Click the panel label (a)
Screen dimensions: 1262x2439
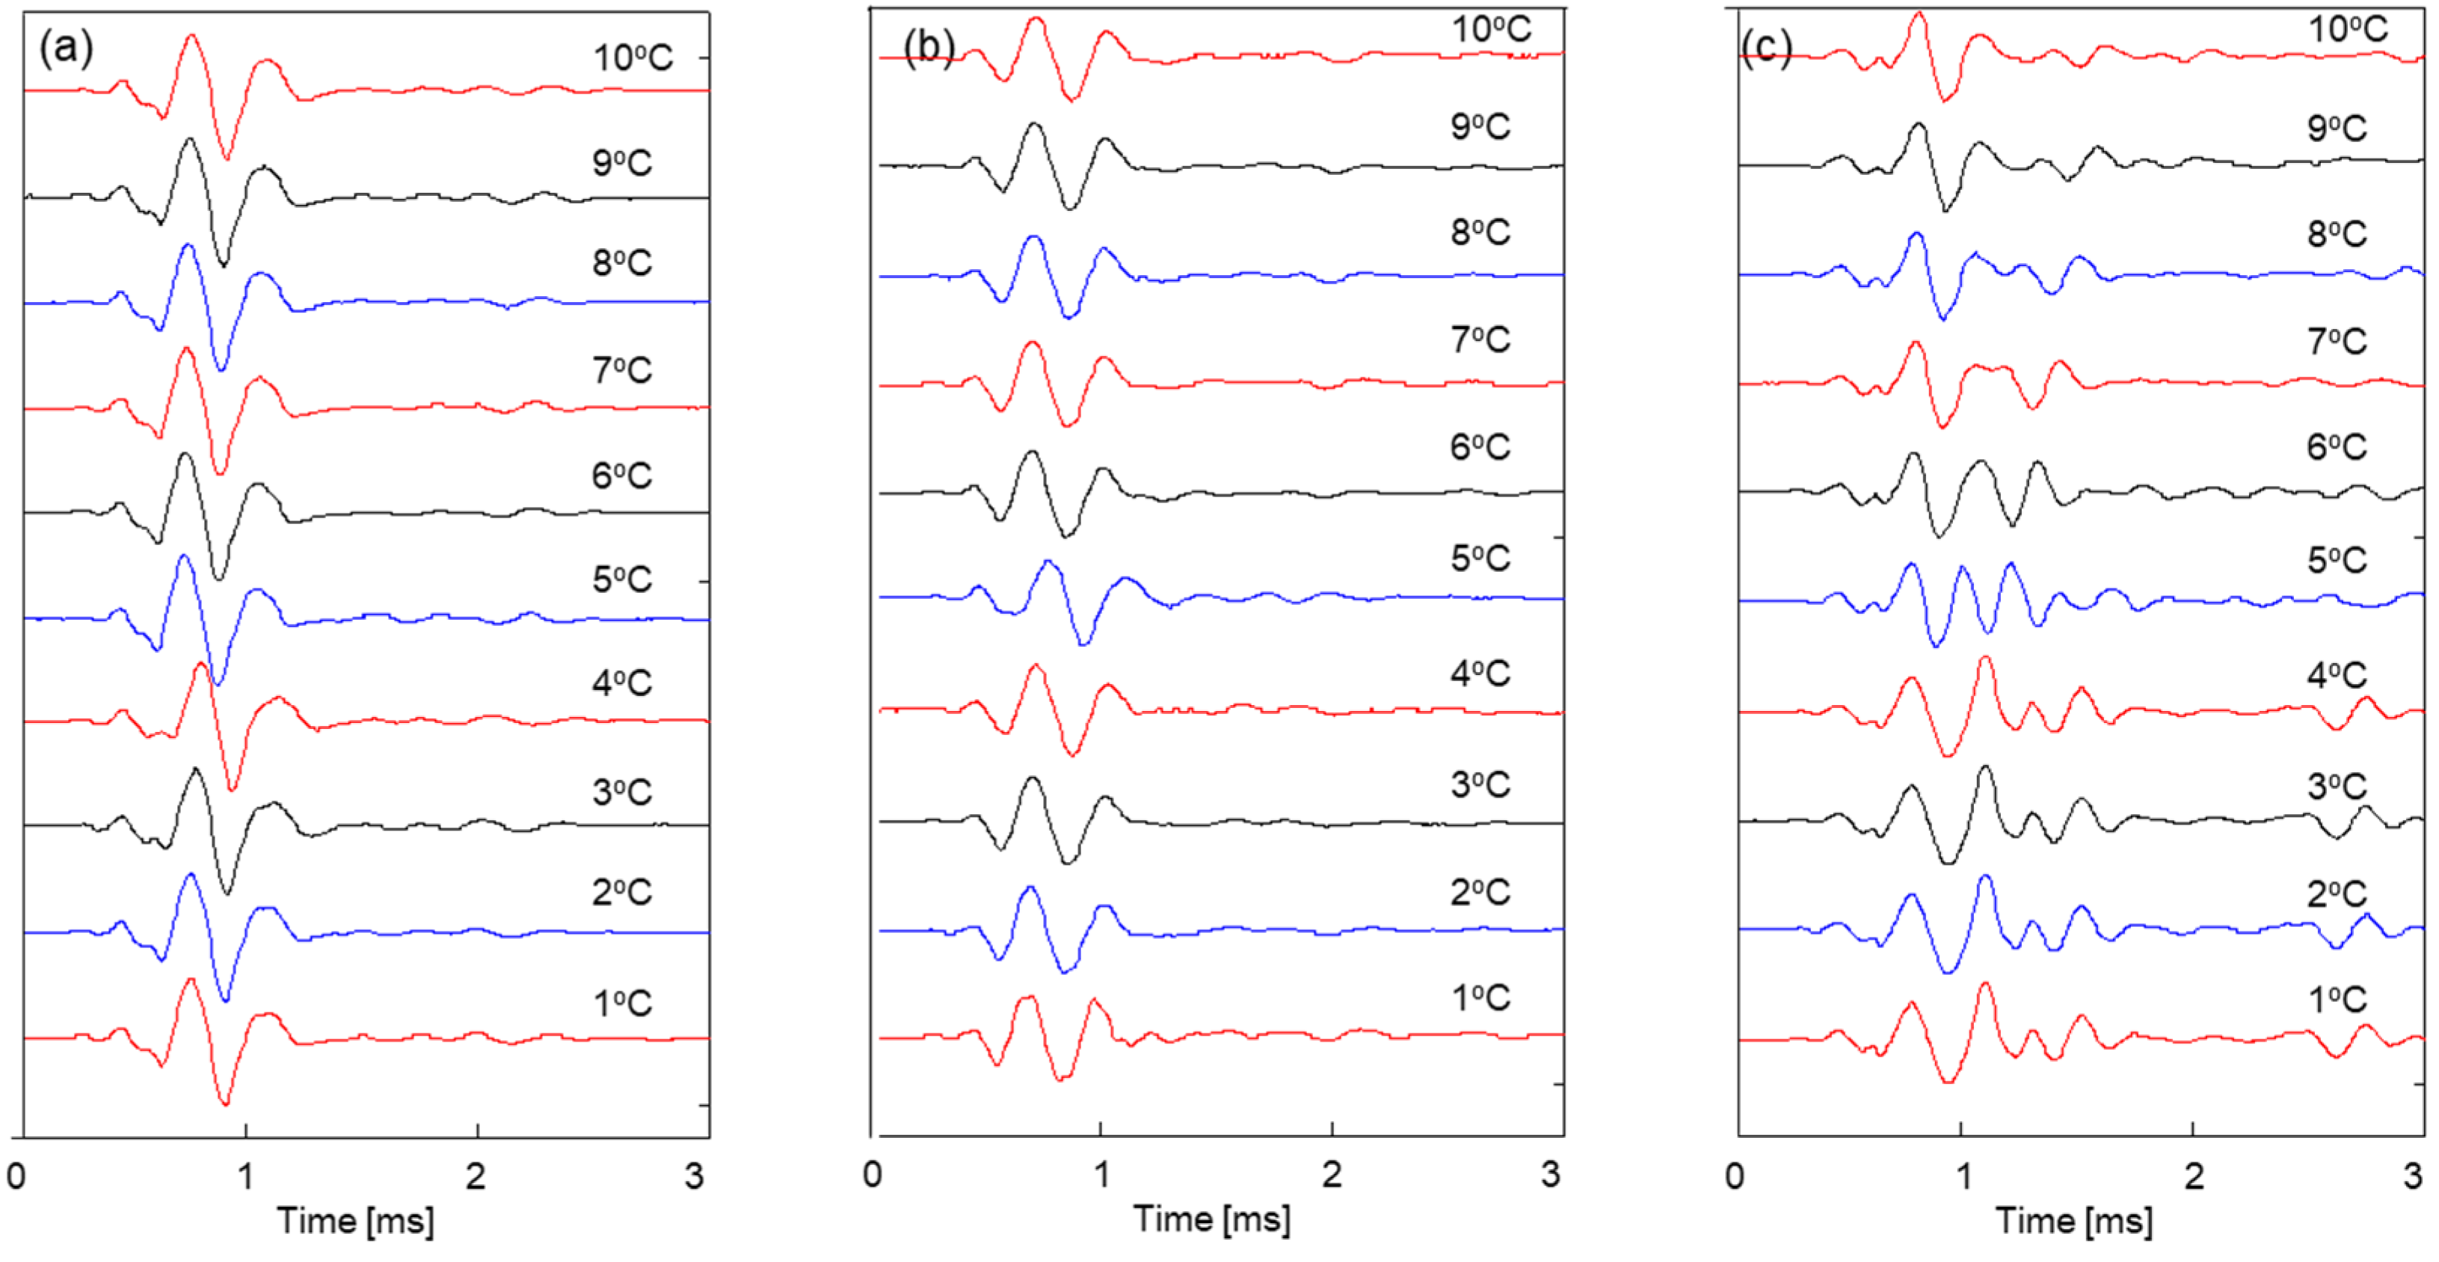pos(65,47)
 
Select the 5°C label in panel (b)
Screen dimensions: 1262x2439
pos(1480,558)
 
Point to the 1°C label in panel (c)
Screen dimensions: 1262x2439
pos(2337,1000)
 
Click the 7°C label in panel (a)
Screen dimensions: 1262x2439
pos(622,369)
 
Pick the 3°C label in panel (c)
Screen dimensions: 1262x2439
pos(2337,786)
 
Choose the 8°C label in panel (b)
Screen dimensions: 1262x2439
pos(1480,232)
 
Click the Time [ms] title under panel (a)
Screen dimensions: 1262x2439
pos(355,1222)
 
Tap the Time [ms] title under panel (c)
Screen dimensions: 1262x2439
pos(2073,1222)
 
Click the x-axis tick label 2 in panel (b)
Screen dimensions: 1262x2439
pos(1331,1175)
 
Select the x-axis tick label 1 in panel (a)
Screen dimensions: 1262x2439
pos(245,1177)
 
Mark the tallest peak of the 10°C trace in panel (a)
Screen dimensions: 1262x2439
pos(192,36)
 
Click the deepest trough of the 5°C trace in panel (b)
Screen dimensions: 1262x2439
pos(1084,644)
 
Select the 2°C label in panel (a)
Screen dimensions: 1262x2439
pos(622,892)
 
